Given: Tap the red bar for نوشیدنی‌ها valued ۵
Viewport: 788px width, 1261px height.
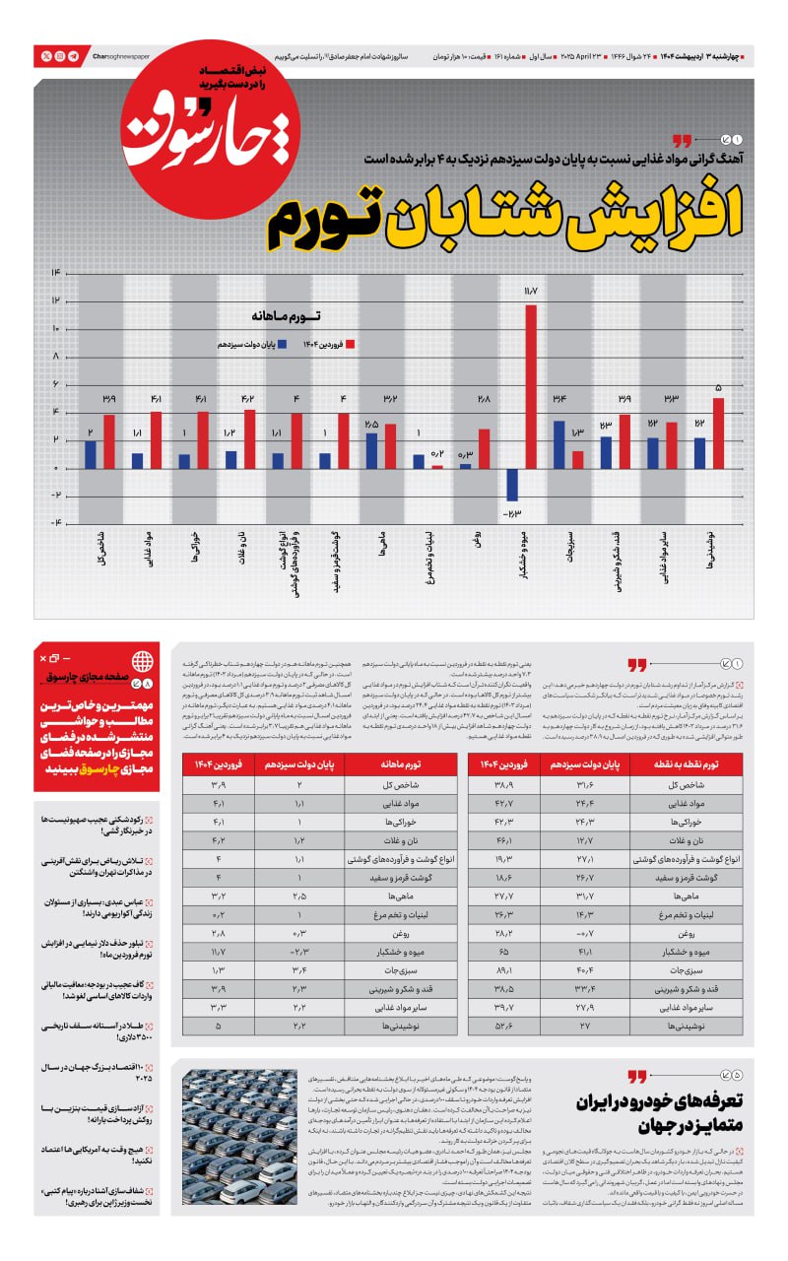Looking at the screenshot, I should click(x=718, y=432).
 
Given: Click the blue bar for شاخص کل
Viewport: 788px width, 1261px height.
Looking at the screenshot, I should click(x=91, y=454).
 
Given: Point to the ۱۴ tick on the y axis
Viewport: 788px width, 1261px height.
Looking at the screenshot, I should click(x=56, y=272).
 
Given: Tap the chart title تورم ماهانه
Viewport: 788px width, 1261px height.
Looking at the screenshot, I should click(x=288, y=318).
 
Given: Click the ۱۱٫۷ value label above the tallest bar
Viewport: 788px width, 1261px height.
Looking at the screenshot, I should click(x=531, y=291).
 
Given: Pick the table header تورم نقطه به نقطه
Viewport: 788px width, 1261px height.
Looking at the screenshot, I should click(x=687, y=764).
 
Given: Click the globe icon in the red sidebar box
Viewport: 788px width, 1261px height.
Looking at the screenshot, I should click(x=142, y=660).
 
